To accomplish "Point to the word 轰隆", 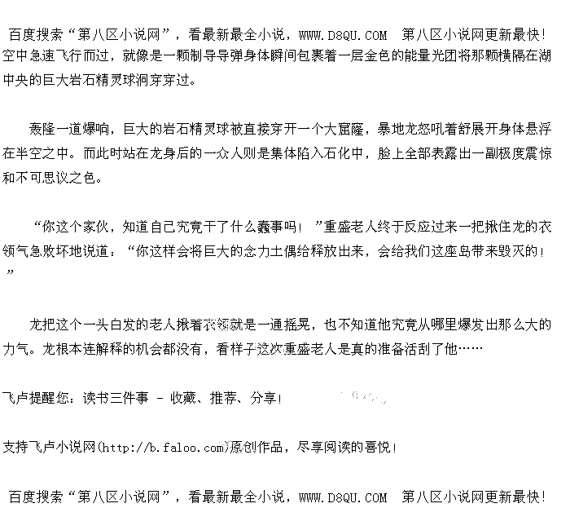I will tap(44, 130).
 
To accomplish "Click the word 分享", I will tap(264, 399).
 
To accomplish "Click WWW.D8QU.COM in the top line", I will tap(342, 35).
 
